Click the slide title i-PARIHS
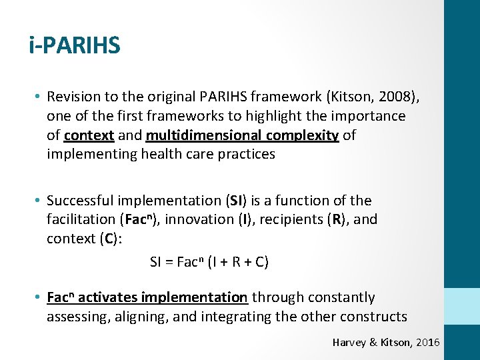click(x=75, y=45)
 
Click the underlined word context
click(x=89, y=135)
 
